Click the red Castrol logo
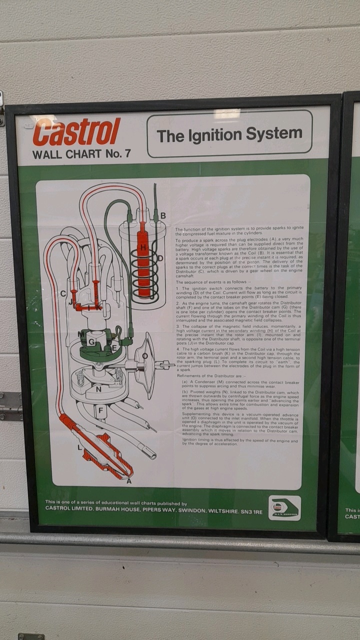[x=76, y=131]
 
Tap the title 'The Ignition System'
[x=229, y=134]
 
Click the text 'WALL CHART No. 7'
[x=81, y=153]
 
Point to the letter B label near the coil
[x=163, y=215]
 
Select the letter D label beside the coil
[x=160, y=258]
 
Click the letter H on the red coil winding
[x=143, y=247]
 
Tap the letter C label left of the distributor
[x=63, y=293]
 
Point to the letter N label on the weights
[x=98, y=388]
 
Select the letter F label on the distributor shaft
[x=100, y=410]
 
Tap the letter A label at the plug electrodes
[x=129, y=481]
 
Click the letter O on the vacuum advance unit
[x=144, y=356]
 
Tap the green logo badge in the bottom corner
[x=284, y=508]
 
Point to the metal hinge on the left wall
[x=10, y=405]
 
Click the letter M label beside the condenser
[x=80, y=333]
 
